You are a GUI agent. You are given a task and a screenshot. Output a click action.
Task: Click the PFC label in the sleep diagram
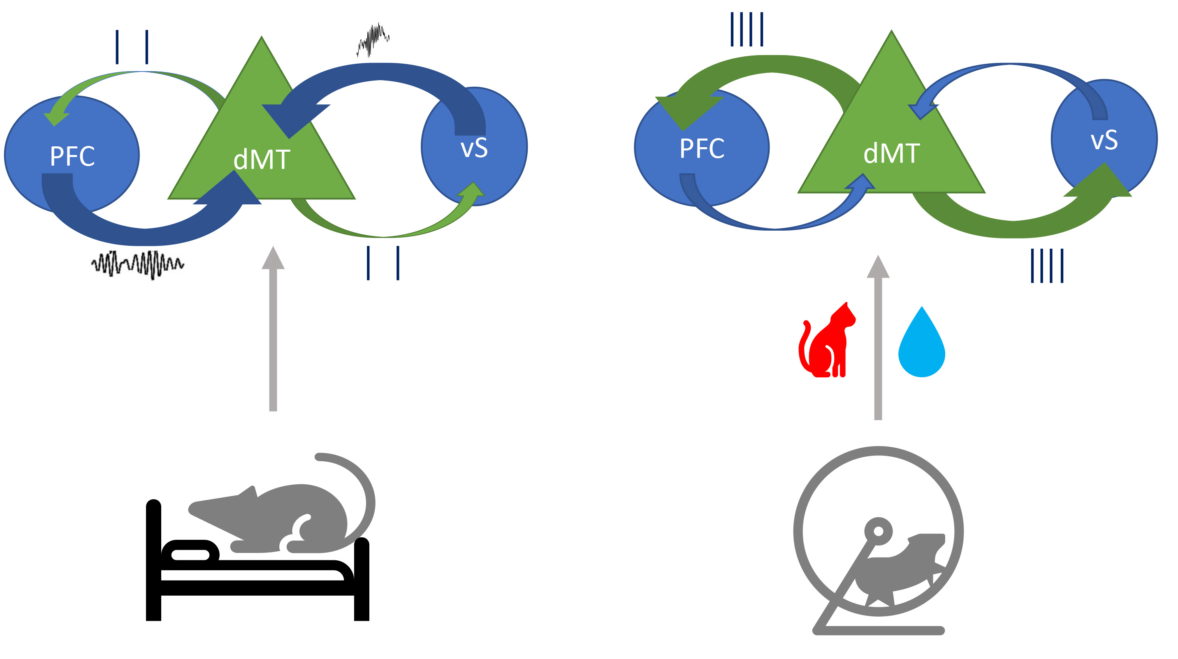72,156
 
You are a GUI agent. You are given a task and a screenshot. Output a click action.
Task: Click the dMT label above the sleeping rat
262,160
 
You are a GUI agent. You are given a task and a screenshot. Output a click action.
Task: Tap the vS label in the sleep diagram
474,148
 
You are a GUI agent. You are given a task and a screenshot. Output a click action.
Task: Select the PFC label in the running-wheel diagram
702,148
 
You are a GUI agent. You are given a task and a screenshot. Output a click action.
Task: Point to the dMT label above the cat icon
891,154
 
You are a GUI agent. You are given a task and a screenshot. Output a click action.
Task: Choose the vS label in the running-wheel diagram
1104,140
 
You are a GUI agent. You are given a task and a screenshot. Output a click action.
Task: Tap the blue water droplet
921,345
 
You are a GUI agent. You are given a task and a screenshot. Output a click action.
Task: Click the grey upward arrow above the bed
273,329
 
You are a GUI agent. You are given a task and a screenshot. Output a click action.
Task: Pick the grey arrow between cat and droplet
878,338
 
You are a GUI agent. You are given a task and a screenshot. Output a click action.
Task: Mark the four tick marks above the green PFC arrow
747,29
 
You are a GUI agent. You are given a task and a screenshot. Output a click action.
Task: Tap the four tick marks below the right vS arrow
1047,266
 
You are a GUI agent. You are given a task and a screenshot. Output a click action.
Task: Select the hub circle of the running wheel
878,531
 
